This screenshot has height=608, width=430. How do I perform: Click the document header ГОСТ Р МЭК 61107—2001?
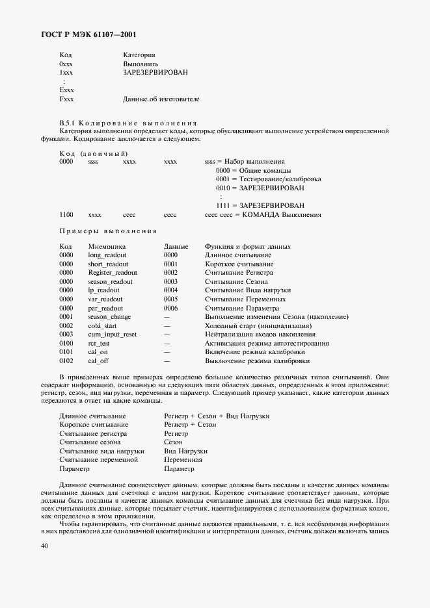(x=81, y=34)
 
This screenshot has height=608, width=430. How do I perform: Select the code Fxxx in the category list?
(x=66, y=99)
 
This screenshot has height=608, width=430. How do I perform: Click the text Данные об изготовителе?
(x=161, y=99)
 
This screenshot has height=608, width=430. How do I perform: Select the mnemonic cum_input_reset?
(x=113, y=334)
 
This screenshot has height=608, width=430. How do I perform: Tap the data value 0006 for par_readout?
(x=170, y=308)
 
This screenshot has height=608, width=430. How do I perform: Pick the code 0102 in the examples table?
(x=66, y=361)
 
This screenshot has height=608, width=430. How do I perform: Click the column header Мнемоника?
(x=107, y=247)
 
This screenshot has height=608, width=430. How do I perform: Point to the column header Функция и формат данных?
(x=247, y=247)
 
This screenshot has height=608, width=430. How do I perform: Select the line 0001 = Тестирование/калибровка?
(x=267, y=179)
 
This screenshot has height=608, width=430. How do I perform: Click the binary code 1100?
(x=66, y=214)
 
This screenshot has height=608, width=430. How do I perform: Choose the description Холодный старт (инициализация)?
(x=258, y=325)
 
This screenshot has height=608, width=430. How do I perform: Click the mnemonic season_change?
(x=109, y=316)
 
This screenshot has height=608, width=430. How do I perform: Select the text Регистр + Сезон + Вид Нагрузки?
(x=217, y=416)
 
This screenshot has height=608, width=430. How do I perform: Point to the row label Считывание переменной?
(x=98, y=459)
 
